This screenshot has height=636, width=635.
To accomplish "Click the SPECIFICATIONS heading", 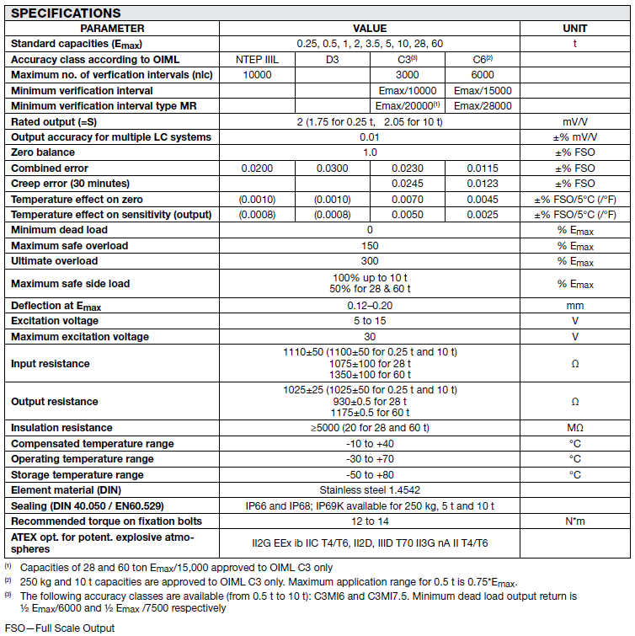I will (66, 13).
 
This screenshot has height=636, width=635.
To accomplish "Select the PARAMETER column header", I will (112, 28).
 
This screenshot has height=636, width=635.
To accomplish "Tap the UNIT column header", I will (574, 28).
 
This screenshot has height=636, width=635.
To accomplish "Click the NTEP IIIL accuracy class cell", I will (257, 60).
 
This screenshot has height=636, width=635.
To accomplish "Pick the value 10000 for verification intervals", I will (257, 75).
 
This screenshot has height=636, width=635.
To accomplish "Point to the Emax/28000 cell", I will (483, 106).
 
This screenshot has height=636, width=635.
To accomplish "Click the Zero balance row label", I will (43, 152).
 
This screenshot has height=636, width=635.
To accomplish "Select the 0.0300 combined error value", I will (332, 168).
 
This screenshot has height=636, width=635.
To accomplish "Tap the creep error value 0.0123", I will (483, 184).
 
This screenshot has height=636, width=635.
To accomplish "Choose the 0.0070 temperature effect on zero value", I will (407, 200).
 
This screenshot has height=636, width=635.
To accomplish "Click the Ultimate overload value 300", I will (370, 261).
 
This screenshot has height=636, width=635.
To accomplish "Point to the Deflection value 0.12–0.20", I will (370, 305).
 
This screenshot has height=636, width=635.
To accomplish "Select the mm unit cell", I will (574, 305).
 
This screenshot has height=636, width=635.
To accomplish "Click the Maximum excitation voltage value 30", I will (370, 336).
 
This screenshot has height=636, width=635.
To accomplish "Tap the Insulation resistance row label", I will (60, 428).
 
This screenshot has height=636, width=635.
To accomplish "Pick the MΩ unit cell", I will (574, 428).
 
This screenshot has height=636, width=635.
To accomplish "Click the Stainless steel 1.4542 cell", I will (370, 489).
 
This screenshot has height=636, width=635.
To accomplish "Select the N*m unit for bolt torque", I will (574, 521).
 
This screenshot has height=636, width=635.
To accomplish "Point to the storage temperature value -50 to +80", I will (370, 474).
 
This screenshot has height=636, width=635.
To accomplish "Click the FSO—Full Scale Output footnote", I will (60, 628).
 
